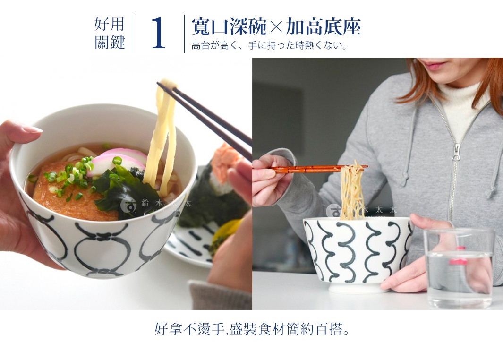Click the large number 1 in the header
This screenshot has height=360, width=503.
(x=159, y=34)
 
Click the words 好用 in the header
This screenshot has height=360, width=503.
(x=110, y=23)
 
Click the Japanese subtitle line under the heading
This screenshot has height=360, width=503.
(x=269, y=46)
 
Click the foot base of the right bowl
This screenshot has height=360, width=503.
(x=359, y=286)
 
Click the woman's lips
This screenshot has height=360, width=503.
(x=434, y=65)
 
